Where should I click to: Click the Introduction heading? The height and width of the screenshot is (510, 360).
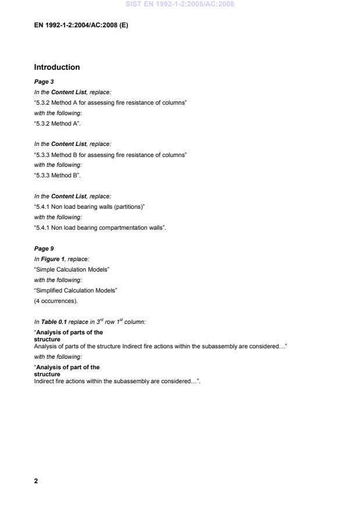(x=57, y=67)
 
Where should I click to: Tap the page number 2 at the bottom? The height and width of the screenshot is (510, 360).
(x=36, y=481)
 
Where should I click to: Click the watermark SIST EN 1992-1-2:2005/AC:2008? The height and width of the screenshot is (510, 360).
(x=180, y=5)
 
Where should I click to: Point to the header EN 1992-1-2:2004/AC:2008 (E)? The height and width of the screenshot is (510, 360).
(x=81, y=26)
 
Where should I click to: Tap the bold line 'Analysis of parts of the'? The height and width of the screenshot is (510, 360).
(x=69, y=332)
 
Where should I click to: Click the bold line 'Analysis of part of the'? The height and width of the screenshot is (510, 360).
(x=67, y=367)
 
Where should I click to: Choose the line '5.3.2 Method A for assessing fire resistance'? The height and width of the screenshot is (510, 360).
(x=111, y=102)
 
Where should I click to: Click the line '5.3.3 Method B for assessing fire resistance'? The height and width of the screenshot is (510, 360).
(x=111, y=155)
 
